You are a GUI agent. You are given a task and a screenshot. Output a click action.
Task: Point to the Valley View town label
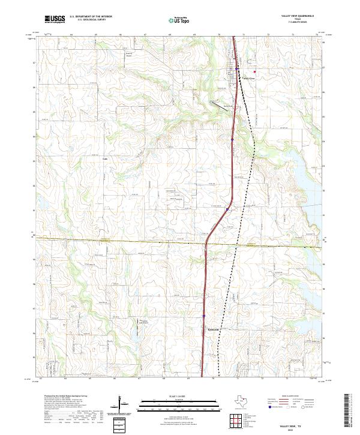pyautogui.click(x=248, y=78)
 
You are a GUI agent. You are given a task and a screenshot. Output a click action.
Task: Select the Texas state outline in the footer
pyautogui.click(x=242, y=402)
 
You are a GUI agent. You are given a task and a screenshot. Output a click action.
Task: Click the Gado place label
pyautogui.click(x=105, y=158)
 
